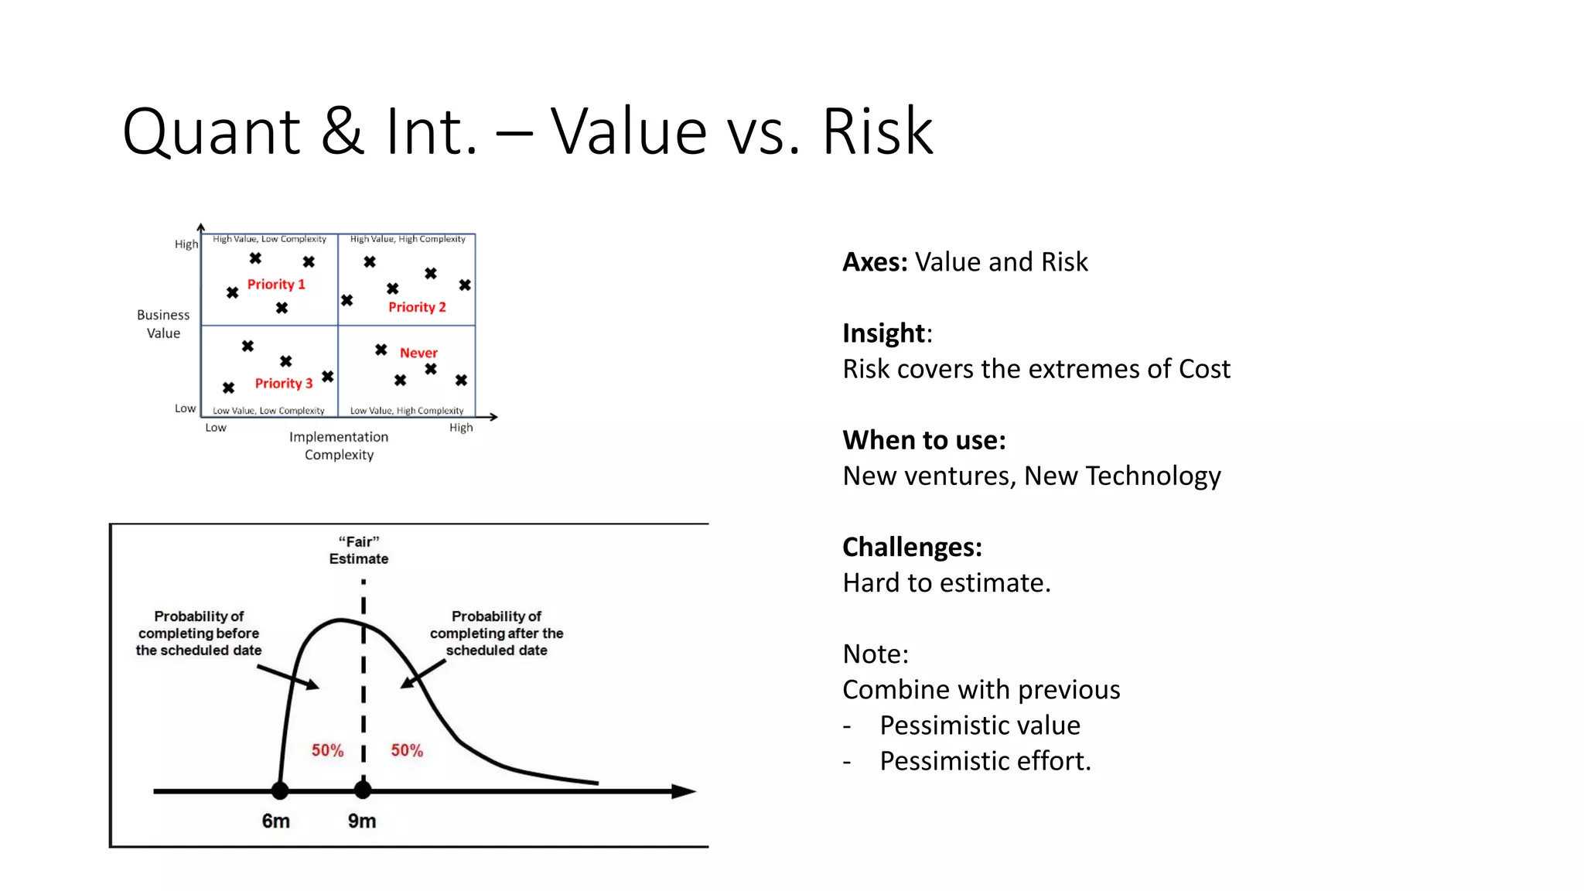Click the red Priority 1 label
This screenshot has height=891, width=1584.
pos(276,285)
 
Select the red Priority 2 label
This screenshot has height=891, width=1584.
pos(417,307)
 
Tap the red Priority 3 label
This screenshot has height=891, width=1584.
pos(284,384)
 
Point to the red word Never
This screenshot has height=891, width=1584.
pos(418,353)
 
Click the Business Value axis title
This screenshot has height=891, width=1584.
pos(163,324)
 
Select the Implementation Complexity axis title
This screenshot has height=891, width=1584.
pos(339,445)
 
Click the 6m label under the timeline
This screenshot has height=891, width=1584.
pos(275,821)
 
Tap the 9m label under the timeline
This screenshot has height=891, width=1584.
pos(361,821)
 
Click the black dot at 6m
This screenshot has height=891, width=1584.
pos(280,790)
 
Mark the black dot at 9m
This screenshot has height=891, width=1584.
pos(363,790)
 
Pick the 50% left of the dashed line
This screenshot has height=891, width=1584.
pos(327,750)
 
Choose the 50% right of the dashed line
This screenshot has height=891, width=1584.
pos(407,750)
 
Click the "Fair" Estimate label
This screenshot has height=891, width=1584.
pos(359,550)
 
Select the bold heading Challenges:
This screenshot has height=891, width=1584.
pos(912,547)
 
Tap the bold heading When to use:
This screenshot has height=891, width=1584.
pos(923,440)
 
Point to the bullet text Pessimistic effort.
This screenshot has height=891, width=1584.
pos(985,761)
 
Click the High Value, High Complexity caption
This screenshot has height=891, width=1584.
pos(408,239)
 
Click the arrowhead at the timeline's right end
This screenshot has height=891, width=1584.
pos(684,791)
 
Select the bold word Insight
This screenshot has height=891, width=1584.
pos(883,333)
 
